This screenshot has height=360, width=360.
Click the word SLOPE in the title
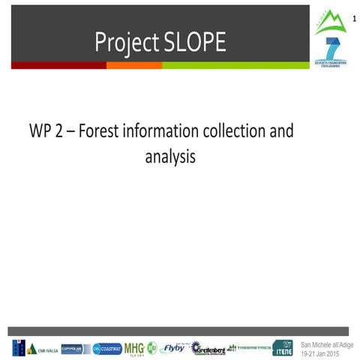pos(191,43)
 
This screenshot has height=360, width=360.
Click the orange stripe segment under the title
pos(134,65)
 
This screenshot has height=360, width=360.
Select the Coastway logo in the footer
pos(107,348)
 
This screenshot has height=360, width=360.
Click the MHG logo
pos(134,348)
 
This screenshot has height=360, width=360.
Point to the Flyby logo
pos(173,347)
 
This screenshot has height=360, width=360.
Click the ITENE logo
pos(283,348)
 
